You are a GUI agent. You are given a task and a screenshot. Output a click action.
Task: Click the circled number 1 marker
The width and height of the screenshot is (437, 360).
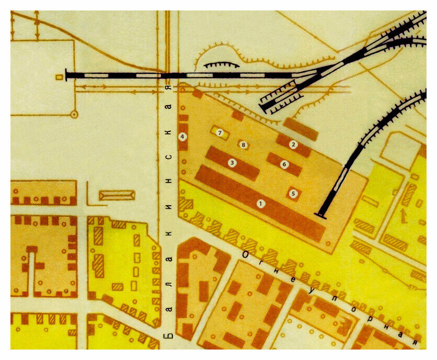point(260,203)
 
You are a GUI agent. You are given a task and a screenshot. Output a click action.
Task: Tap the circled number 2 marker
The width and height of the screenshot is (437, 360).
point(293,144)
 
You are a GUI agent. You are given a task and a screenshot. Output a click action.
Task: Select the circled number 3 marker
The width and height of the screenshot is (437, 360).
point(232,163)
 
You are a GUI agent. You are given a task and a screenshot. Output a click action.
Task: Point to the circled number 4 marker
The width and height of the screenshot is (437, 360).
point(182,137)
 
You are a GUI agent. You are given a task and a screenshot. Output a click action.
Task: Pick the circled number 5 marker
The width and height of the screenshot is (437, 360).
point(293,194)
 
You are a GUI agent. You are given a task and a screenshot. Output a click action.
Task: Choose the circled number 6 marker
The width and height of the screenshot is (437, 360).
point(284,164)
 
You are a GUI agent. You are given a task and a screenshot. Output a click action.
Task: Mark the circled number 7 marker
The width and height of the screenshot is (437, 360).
point(220,133)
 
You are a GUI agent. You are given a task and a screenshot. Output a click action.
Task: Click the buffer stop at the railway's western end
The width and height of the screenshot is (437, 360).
point(67,75)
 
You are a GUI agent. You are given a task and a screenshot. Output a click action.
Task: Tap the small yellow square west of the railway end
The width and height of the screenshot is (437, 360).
point(59,77)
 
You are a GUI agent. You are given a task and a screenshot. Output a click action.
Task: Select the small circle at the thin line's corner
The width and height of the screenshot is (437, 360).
point(74,113)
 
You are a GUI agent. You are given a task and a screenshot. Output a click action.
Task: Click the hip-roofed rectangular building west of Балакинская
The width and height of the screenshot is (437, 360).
point(117,195)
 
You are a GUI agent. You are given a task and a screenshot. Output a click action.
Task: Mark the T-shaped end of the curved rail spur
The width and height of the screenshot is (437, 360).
point(320,213)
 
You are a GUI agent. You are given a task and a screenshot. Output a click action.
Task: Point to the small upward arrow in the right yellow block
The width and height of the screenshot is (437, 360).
point(402,213)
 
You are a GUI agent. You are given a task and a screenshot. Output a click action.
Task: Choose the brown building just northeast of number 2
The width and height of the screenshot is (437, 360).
point(301,129)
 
